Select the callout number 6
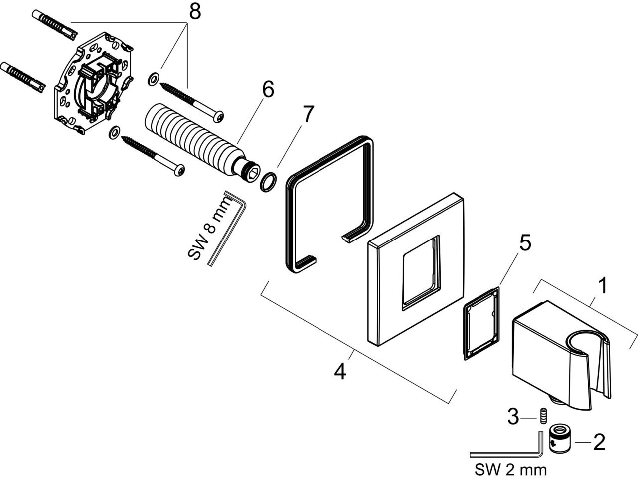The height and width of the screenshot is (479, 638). (x=267, y=90)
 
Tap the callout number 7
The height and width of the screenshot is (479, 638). (x=307, y=115)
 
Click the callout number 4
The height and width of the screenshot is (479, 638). (x=339, y=372)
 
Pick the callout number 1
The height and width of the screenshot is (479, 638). (x=603, y=286)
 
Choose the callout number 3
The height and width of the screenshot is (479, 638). (x=513, y=416)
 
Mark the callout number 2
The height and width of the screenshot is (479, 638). (x=598, y=441)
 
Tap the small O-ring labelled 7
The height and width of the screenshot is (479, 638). (x=269, y=183)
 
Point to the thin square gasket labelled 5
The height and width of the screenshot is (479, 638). (x=480, y=323)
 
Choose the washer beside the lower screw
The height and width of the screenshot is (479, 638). (x=114, y=132)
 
